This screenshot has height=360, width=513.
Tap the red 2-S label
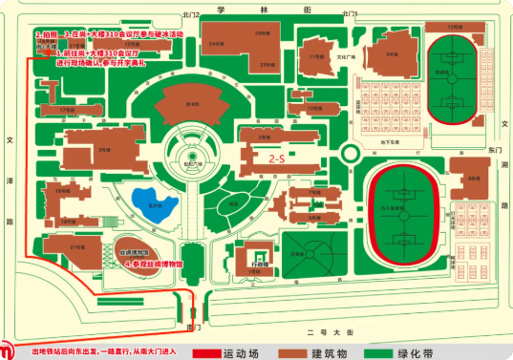point(277,159)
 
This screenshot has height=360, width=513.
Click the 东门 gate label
point(493,151)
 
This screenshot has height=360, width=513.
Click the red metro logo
point(8,347)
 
